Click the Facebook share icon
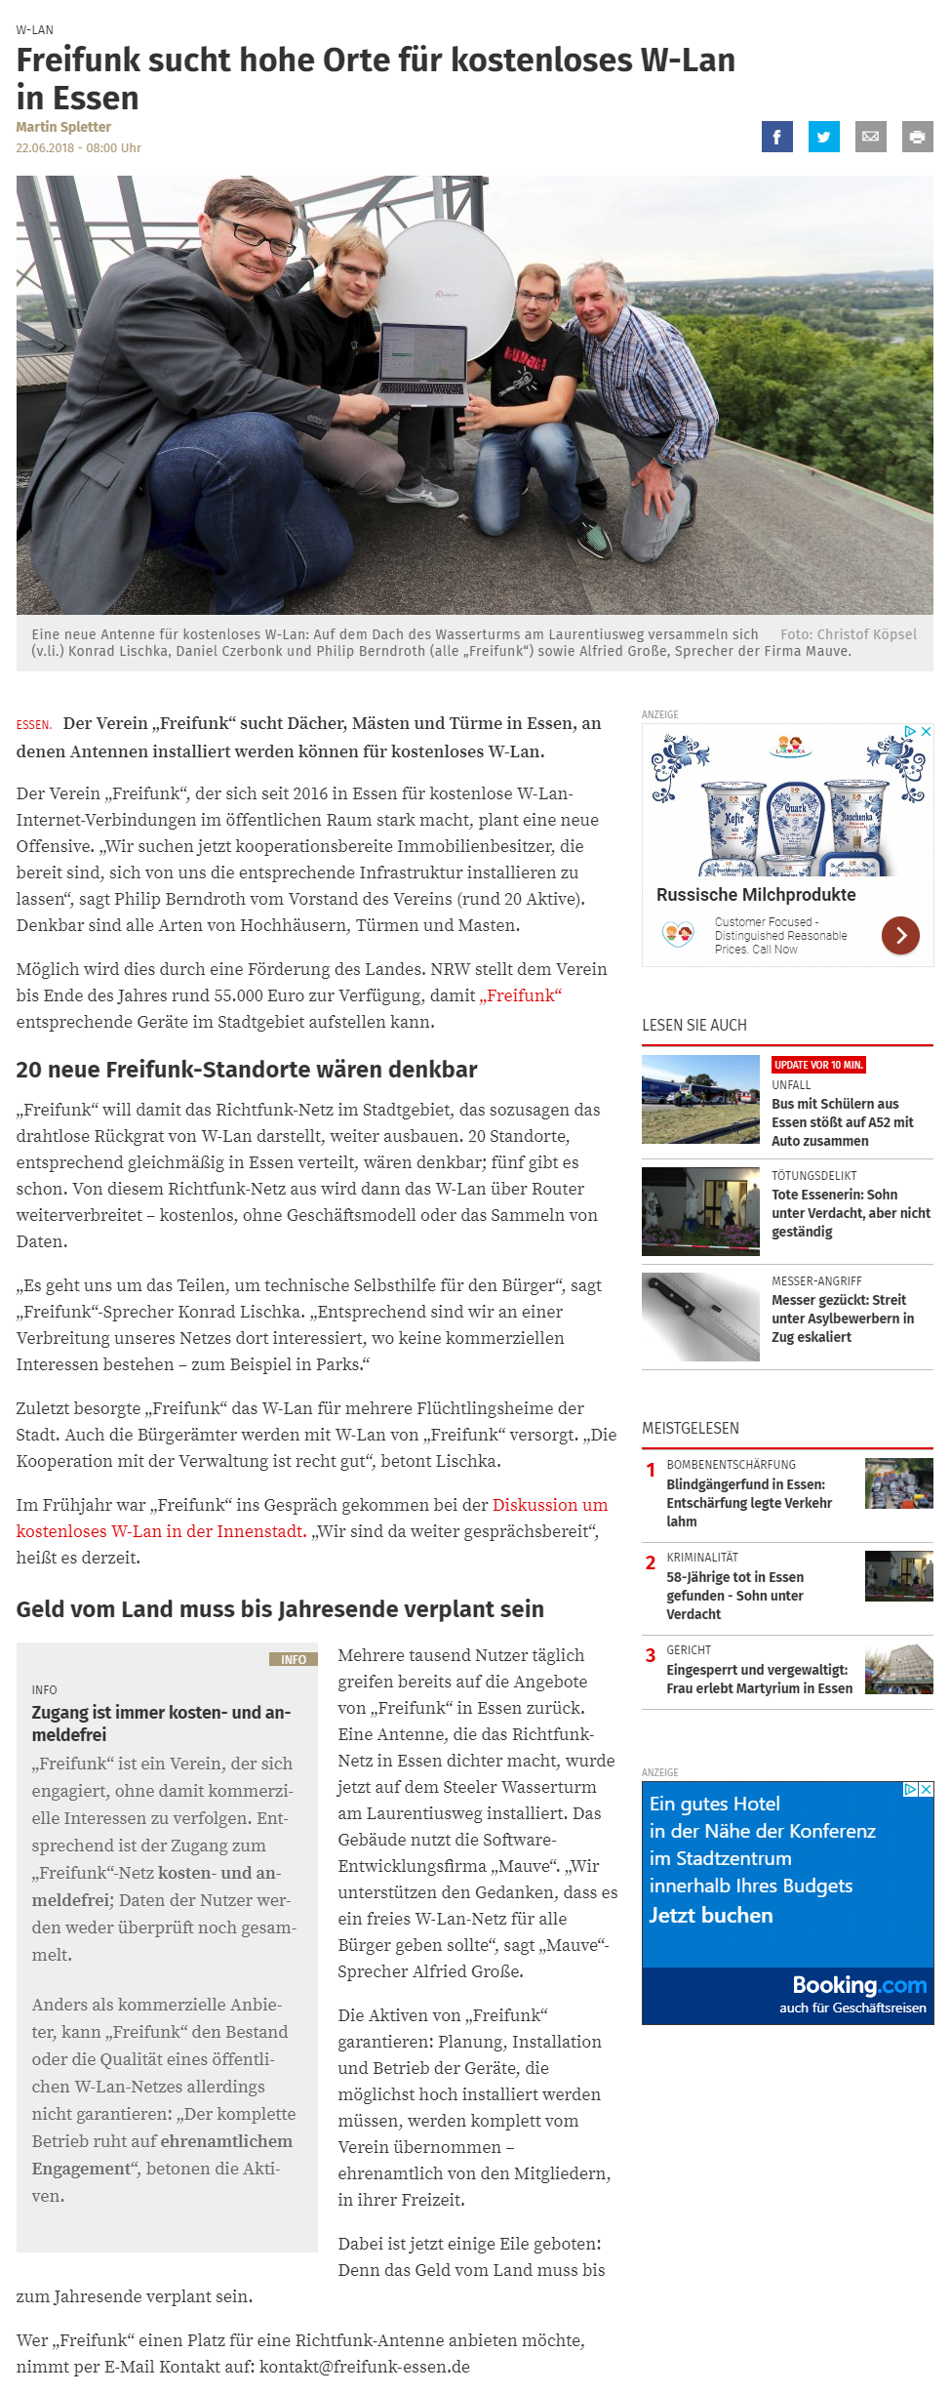[x=776, y=137]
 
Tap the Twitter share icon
[x=823, y=137]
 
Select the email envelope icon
[x=870, y=137]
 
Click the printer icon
[x=917, y=137]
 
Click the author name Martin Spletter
[x=63, y=127]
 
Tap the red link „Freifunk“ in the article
[x=520, y=995]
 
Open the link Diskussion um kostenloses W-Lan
[x=549, y=1505]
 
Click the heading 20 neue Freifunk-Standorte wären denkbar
[x=247, y=1070]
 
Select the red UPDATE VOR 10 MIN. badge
[x=818, y=1065]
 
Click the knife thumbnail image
[x=700, y=1317]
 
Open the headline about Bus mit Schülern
[x=842, y=1122]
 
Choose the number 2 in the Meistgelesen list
[x=651, y=1562]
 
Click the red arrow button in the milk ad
[x=900, y=935]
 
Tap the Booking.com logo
[x=858, y=1985]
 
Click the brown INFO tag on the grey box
[x=293, y=1659]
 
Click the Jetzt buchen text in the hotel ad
[x=711, y=1915]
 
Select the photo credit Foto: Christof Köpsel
[x=848, y=634]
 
